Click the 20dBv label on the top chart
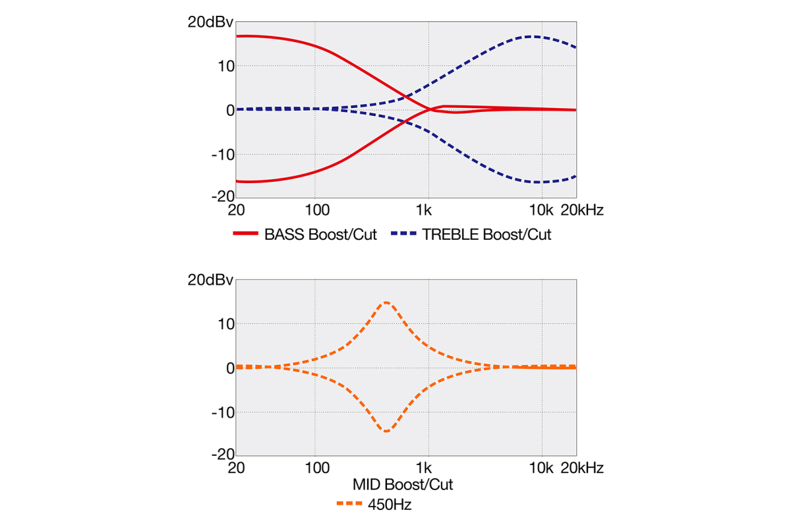(x=210, y=22)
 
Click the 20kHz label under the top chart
(x=582, y=211)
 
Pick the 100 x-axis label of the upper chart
(x=318, y=211)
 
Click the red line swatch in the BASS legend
(x=245, y=235)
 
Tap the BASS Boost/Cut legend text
(x=320, y=235)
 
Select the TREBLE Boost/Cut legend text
(x=486, y=235)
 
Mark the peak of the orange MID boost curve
(x=386, y=302)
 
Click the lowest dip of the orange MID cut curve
(x=386, y=431)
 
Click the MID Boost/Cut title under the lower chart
(x=403, y=485)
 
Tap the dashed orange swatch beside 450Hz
(x=349, y=505)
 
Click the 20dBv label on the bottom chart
(x=210, y=280)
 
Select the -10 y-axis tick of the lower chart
(x=222, y=412)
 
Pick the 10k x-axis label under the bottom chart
(x=542, y=468)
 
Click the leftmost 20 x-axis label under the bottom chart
(x=237, y=468)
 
